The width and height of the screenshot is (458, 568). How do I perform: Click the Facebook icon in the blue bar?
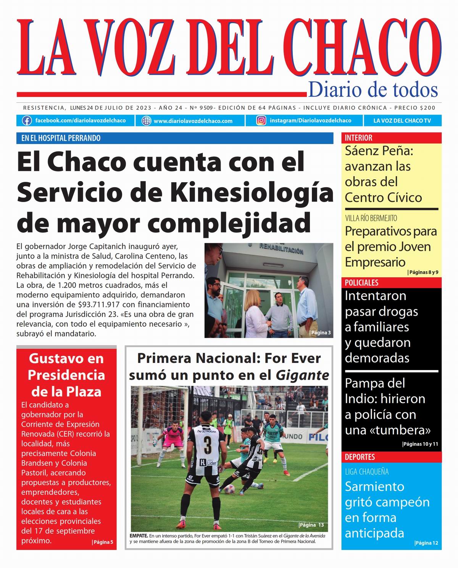(x=27, y=121)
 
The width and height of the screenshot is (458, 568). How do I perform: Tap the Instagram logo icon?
(x=261, y=121)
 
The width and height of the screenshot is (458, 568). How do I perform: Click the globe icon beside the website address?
(x=146, y=121)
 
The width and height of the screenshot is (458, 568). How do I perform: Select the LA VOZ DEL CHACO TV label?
(x=402, y=121)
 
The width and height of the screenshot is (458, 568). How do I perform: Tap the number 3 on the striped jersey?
(x=207, y=445)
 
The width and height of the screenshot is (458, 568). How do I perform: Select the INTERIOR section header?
(x=358, y=138)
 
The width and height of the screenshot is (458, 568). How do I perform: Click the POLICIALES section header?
(x=361, y=283)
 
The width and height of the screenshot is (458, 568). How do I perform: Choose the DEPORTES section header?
(x=360, y=457)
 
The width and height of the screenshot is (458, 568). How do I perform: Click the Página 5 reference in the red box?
(x=102, y=542)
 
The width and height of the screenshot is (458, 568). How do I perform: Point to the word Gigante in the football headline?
(x=302, y=375)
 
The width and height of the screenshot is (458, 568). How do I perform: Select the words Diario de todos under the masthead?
(x=373, y=90)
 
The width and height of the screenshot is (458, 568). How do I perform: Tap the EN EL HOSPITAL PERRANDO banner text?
(x=61, y=138)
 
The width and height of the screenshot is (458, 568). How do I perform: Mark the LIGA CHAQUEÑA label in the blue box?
(x=367, y=472)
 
